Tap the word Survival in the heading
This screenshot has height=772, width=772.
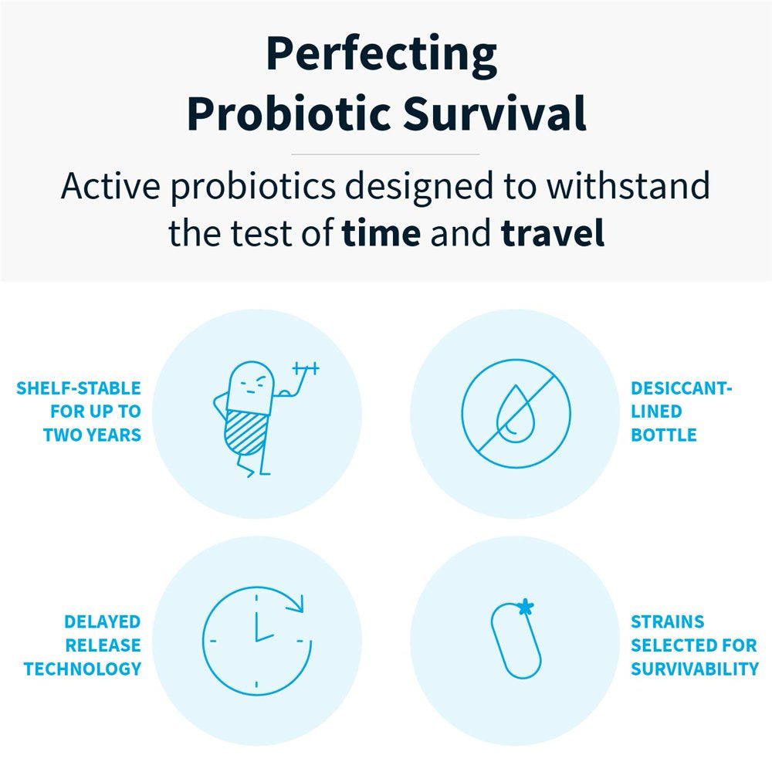click(494, 113)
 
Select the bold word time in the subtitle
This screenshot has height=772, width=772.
click(381, 233)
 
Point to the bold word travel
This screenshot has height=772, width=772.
click(553, 232)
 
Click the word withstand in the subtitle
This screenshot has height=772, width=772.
click(628, 185)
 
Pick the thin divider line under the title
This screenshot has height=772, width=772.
click(385, 154)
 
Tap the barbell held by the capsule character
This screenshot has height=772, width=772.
click(306, 367)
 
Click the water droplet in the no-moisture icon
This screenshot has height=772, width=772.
click(513, 414)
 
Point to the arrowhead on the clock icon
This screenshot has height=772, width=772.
click(296, 603)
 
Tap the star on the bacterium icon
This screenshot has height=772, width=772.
click(525, 607)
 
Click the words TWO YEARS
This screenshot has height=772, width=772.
click(92, 435)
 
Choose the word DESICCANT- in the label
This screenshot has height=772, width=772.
click(682, 388)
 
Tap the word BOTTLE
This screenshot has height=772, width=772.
click(664, 435)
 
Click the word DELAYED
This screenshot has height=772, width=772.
click(103, 621)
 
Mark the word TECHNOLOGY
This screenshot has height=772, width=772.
click(83, 669)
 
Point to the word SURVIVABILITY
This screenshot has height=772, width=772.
click(695, 669)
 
